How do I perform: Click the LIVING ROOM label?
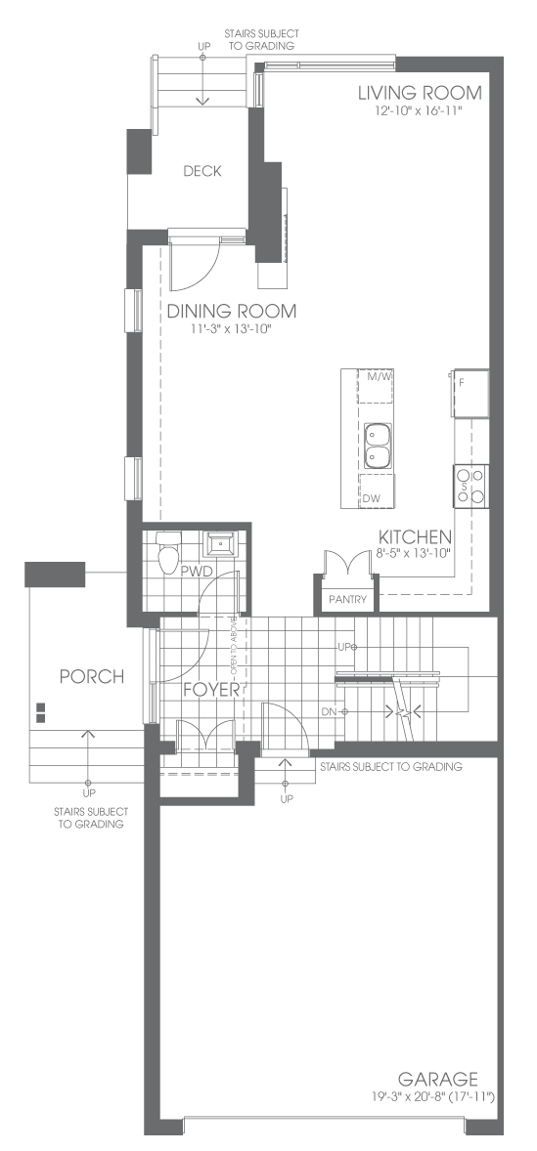click(421, 93)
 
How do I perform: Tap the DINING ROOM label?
click(232, 312)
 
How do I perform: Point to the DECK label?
click(202, 171)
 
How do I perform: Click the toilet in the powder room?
click(169, 550)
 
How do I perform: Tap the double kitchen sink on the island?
click(379, 446)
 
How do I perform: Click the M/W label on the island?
click(377, 377)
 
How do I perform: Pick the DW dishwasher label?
click(372, 498)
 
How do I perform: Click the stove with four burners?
click(470, 486)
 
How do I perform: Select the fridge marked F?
click(471, 393)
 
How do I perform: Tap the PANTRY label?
click(347, 599)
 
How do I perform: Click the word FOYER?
click(211, 690)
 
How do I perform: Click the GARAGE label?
click(438, 1079)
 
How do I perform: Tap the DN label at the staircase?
click(329, 712)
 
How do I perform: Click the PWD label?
click(193, 570)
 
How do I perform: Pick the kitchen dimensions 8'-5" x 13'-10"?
click(412, 553)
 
